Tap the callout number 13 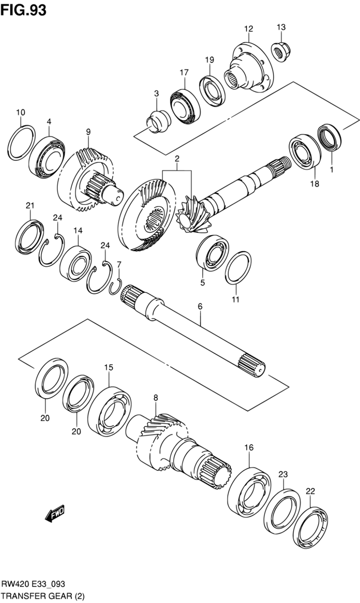281,27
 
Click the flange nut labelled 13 280,51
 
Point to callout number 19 210,60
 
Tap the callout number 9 88,132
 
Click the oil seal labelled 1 329,138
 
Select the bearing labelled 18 305,151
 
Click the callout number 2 176,159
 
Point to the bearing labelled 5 213,253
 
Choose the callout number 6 200,307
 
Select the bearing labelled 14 75,263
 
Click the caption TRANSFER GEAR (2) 43,595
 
